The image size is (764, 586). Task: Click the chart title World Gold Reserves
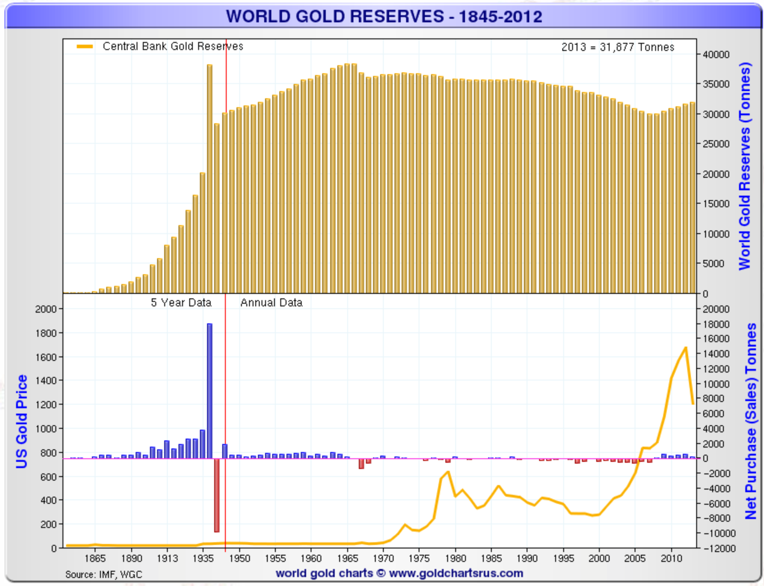click(384, 17)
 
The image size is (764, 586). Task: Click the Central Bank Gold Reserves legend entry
click(173, 46)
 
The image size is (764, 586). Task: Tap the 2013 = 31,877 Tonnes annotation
click(618, 47)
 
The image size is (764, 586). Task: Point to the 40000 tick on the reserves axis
click(716, 54)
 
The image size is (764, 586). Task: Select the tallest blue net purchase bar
click(210, 391)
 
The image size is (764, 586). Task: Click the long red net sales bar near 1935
click(217, 495)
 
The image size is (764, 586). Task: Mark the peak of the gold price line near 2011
click(685, 347)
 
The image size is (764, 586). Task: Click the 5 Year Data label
click(181, 303)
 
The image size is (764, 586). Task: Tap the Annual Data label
click(271, 303)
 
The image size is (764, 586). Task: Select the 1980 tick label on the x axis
click(455, 558)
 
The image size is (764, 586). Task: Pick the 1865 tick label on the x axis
click(95, 558)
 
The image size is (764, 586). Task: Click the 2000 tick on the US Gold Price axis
click(46, 309)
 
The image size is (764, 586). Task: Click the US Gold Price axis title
click(21, 421)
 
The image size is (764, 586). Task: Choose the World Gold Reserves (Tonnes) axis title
click(744, 166)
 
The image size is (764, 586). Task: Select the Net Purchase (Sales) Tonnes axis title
click(751, 421)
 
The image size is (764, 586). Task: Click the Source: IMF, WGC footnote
click(104, 574)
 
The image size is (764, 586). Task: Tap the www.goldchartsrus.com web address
click(456, 573)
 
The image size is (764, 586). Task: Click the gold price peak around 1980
click(448, 472)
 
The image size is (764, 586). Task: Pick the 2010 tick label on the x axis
click(671, 558)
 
